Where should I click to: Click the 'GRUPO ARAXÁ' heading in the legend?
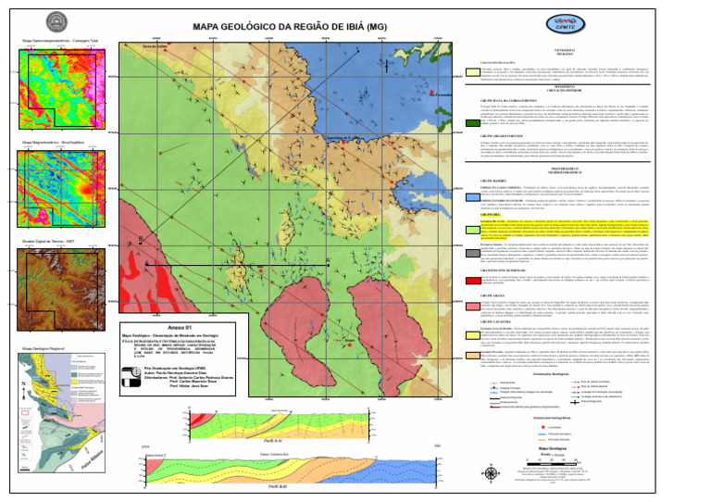point(492,295)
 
